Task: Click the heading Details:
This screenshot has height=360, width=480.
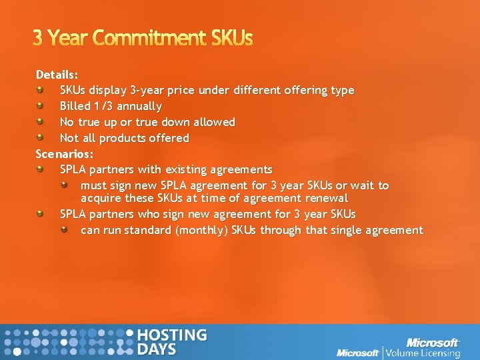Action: tap(57, 74)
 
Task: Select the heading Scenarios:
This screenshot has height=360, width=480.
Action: tap(65, 154)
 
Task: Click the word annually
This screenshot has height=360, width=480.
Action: tap(139, 106)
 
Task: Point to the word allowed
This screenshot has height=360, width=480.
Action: tap(213, 122)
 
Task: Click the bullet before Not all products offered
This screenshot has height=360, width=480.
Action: tap(41, 138)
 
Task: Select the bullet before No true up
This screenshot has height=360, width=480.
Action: tap(41, 122)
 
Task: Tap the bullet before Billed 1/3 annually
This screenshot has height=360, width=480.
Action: tap(41, 106)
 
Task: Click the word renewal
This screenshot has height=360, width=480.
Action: tap(326, 198)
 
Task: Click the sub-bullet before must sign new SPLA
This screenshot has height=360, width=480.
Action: tap(65, 185)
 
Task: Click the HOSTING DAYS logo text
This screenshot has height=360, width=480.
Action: tap(171, 342)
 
